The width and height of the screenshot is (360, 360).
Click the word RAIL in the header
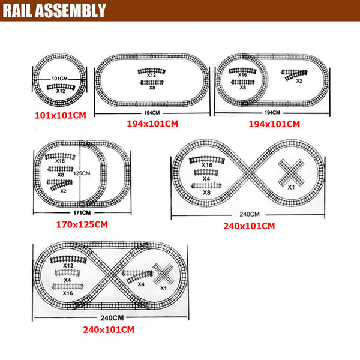click(17, 11)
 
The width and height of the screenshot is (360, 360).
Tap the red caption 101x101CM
click(61, 115)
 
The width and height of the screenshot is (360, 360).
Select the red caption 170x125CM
click(82, 224)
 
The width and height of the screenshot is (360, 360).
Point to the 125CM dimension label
click(82, 173)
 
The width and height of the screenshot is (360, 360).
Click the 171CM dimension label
click(82, 213)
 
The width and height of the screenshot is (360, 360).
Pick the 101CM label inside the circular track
click(59, 79)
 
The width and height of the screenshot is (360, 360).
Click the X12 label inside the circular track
click(61, 91)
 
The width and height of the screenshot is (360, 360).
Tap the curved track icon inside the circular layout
click(61, 87)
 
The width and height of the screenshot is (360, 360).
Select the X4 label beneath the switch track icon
click(141, 284)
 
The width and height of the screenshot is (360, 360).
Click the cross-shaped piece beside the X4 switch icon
click(163, 274)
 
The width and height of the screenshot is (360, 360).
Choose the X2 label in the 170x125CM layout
click(64, 191)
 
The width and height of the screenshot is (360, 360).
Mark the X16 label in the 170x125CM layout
click(60, 161)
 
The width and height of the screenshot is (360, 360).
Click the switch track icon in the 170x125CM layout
click(60, 185)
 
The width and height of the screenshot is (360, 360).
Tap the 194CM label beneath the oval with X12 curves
click(152, 113)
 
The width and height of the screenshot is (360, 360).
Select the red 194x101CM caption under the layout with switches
click(274, 124)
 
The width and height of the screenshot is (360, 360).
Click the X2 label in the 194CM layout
click(299, 81)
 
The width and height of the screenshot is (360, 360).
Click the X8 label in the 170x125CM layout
click(61, 175)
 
